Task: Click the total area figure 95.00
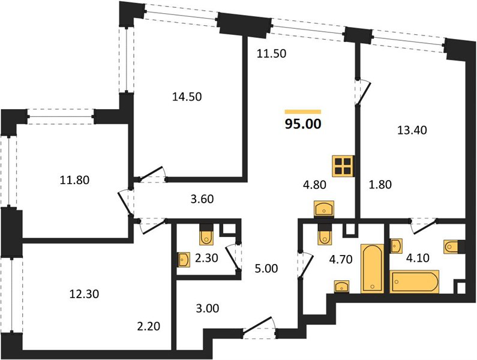pos(303,124)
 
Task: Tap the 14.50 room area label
pos(187,97)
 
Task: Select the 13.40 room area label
pos(412,130)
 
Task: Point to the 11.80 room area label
pos(74,180)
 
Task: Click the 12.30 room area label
pos(84,294)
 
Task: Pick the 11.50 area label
pos(271,53)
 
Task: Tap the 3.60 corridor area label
pos(201,199)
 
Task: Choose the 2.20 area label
pos(148,326)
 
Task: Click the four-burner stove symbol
pos(343,166)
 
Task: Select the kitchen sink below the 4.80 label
pos(323,209)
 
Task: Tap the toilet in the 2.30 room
pos(206,235)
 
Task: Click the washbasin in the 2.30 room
pos(184,260)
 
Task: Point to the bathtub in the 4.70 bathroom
pos(372,268)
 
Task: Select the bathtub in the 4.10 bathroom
pos(415,281)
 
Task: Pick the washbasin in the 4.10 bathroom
pos(396,246)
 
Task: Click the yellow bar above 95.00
pos(303,112)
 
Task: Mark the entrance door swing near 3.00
pos(259,328)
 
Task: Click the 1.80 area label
pos(380,184)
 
